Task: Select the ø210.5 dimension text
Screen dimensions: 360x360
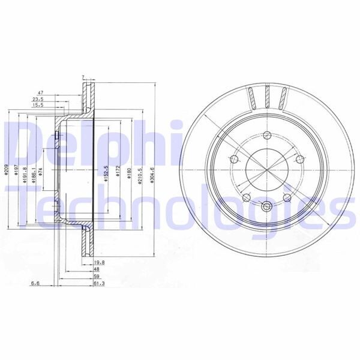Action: tap(139, 174)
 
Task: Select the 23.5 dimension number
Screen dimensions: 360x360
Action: tap(38, 100)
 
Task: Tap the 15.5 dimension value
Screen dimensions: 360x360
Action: tap(38, 106)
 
